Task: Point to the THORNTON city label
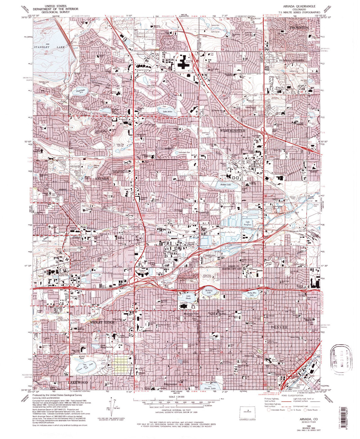tap(299, 27)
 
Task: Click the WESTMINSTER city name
tap(233, 130)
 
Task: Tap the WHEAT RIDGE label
tap(102, 322)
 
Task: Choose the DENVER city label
tap(279, 327)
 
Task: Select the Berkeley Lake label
tap(208, 292)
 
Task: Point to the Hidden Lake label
tap(225, 184)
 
